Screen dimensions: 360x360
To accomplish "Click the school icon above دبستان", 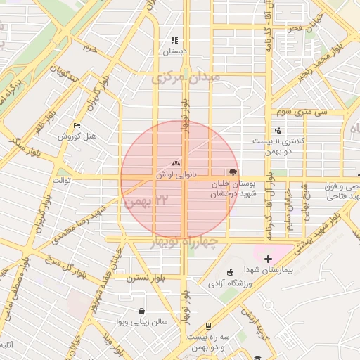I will (x=174, y=41).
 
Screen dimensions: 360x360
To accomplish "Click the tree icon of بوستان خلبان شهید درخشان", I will (x=233, y=171).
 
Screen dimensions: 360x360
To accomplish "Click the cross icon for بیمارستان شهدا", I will (x=268, y=260).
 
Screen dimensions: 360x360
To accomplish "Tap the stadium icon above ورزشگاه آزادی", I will (x=230, y=273).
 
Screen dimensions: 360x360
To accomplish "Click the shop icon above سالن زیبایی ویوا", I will (x=143, y=311).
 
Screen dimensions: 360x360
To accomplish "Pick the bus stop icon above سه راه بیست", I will (x=210, y=326).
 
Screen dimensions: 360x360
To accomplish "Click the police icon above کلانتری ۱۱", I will (x=278, y=129).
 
